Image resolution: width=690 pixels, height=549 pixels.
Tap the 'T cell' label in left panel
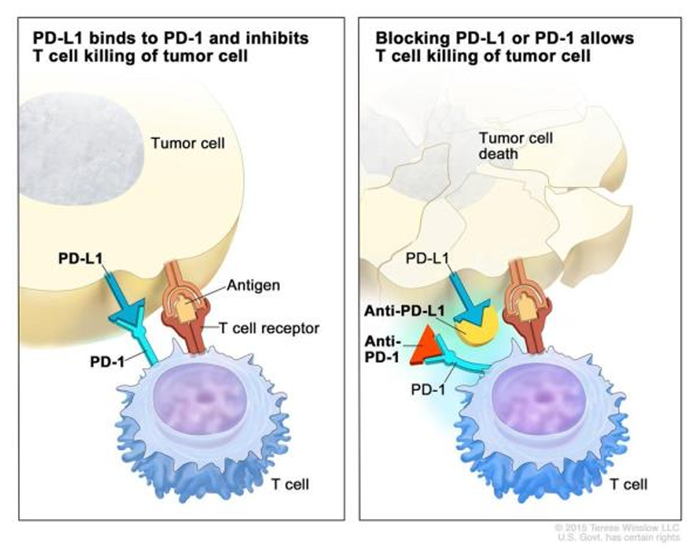(291, 484)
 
